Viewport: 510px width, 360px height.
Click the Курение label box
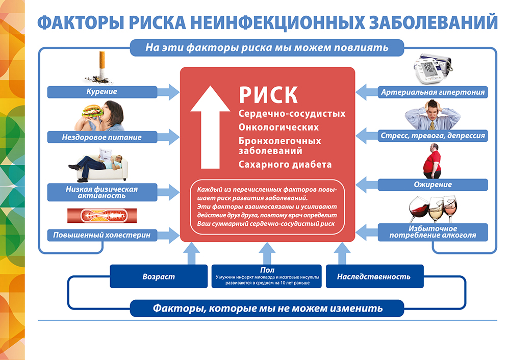tap(101, 92)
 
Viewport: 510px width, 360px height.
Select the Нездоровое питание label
tap(101, 137)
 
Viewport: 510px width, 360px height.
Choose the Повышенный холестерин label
tap(101, 235)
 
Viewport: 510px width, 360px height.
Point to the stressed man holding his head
tap(432, 114)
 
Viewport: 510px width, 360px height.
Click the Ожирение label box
tap(432, 185)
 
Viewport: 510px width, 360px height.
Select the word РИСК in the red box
tap(268, 94)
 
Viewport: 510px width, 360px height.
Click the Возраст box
tap(158, 277)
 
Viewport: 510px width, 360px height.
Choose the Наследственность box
tap(374, 277)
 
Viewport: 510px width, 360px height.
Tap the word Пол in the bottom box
tap(266, 270)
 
